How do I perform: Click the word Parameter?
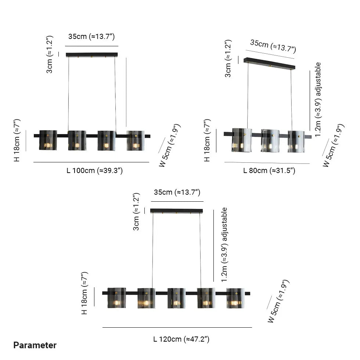[x=35, y=345]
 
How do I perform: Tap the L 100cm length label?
[x=95, y=170]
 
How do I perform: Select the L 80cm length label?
[x=269, y=170]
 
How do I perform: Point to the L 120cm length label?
[x=181, y=339]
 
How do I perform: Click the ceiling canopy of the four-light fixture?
[x=92, y=55]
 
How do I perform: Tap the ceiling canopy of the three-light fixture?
[x=269, y=63]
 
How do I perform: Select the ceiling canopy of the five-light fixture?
[x=176, y=211]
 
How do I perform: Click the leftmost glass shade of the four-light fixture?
[x=48, y=140]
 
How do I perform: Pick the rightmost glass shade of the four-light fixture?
[x=136, y=141]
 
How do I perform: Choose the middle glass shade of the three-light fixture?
[x=270, y=141]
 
